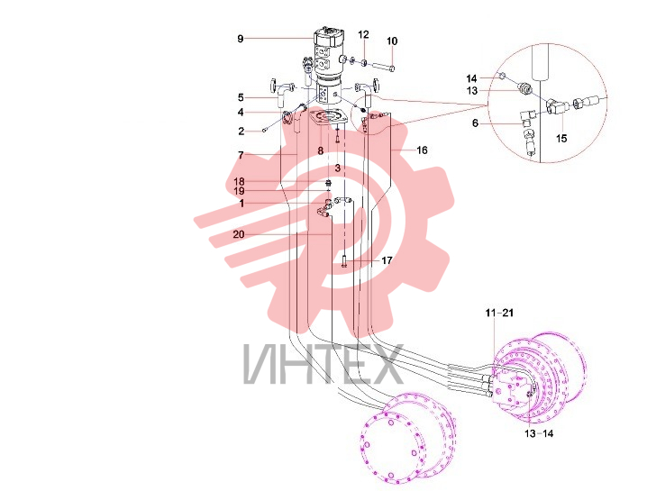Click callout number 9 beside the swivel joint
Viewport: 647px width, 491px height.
tap(241, 39)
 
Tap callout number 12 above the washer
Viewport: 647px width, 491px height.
tap(363, 34)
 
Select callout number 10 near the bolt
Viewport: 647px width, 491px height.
tap(392, 41)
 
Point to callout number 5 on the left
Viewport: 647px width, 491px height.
tap(241, 98)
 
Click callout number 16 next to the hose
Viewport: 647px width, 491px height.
tap(422, 150)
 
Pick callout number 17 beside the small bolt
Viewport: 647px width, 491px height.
tap(387, 260)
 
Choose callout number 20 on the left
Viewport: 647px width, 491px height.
tap(239, 234)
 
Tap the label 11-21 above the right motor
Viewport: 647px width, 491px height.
tap(499, 314)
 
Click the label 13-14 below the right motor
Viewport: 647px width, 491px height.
tap(539, 433)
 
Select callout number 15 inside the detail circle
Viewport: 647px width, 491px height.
tap(561, 138)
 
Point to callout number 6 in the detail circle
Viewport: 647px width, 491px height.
tap(476, 123)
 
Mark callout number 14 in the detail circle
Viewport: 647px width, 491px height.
tap(471, 78)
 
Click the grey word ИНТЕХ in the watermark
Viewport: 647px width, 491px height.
tap(323, 364)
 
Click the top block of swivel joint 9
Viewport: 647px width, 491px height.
tap(329, 37)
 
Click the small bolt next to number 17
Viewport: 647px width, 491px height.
tap(344, 261)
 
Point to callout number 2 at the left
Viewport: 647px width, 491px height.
tap(241, 132)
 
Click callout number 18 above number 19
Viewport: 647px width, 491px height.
tap(239, 182)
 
